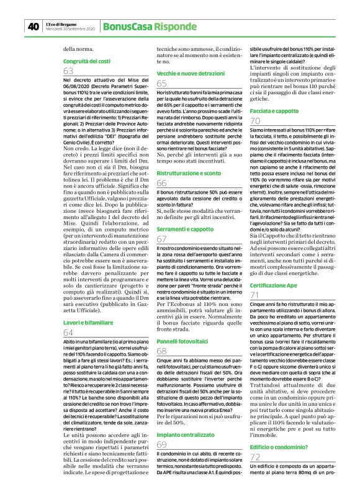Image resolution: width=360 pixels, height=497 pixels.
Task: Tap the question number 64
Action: [68, 316]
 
